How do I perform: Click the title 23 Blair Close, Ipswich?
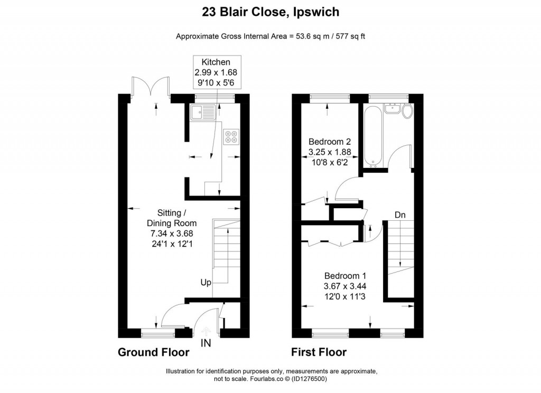[x=270, y=12]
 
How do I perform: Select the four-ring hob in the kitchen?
[x=231, y=137]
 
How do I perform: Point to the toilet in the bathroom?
[x=407, y=111]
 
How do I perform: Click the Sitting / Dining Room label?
[x=167, y=233]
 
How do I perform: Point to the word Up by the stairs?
[x=206, y=282]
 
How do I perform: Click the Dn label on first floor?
[x=400, y=215]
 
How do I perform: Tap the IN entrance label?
[x=206, y=343]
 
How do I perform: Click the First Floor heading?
[x=319, y=352]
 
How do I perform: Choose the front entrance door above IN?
[x=203, y=322]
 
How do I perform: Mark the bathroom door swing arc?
[x=401, y=156]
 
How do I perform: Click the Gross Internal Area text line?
[x=270, y=36]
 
